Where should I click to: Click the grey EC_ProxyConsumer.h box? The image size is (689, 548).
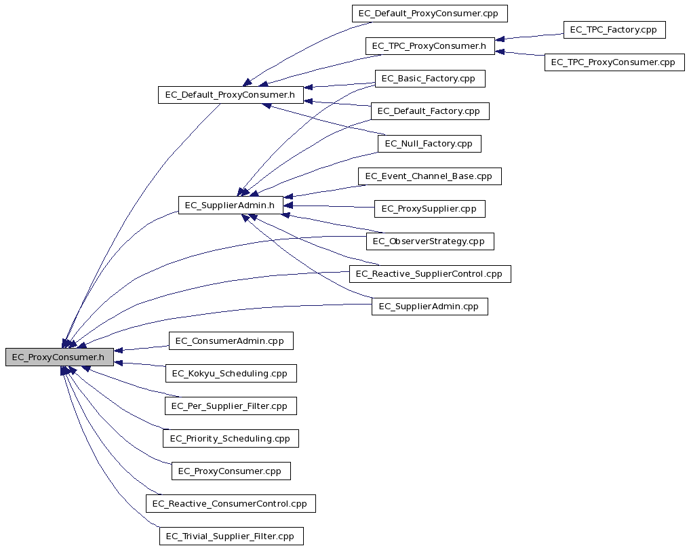[60, 357]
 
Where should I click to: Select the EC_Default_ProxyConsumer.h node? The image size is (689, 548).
[231, 94]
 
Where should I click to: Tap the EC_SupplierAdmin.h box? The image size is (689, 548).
[231, 206]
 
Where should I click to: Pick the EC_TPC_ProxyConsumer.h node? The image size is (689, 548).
[430, 45]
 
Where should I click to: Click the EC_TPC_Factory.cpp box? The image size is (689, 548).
[614, 29]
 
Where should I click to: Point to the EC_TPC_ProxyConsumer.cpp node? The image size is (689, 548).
[614, 62]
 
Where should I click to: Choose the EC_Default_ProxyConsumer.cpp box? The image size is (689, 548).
[430, 13]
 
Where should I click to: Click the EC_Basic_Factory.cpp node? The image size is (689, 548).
[430, 78]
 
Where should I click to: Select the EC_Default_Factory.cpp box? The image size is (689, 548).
[430, 111]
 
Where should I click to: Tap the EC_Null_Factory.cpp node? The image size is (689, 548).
[429, 144]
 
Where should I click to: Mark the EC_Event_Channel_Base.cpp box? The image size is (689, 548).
[430, 176]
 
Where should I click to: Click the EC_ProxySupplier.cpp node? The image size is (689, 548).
[430, 209]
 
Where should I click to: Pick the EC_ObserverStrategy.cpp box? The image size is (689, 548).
[430, 241]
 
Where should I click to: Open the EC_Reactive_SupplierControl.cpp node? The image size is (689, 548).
[430, 274]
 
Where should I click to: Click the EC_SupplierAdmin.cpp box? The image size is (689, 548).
[430, 307]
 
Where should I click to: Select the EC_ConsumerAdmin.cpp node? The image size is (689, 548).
[231, 340]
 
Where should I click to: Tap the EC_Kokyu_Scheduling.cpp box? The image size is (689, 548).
[231, 373]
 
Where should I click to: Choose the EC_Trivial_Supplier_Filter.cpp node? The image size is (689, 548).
[231, 536]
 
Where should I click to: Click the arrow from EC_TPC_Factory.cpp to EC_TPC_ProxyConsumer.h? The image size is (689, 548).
[529, 37]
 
